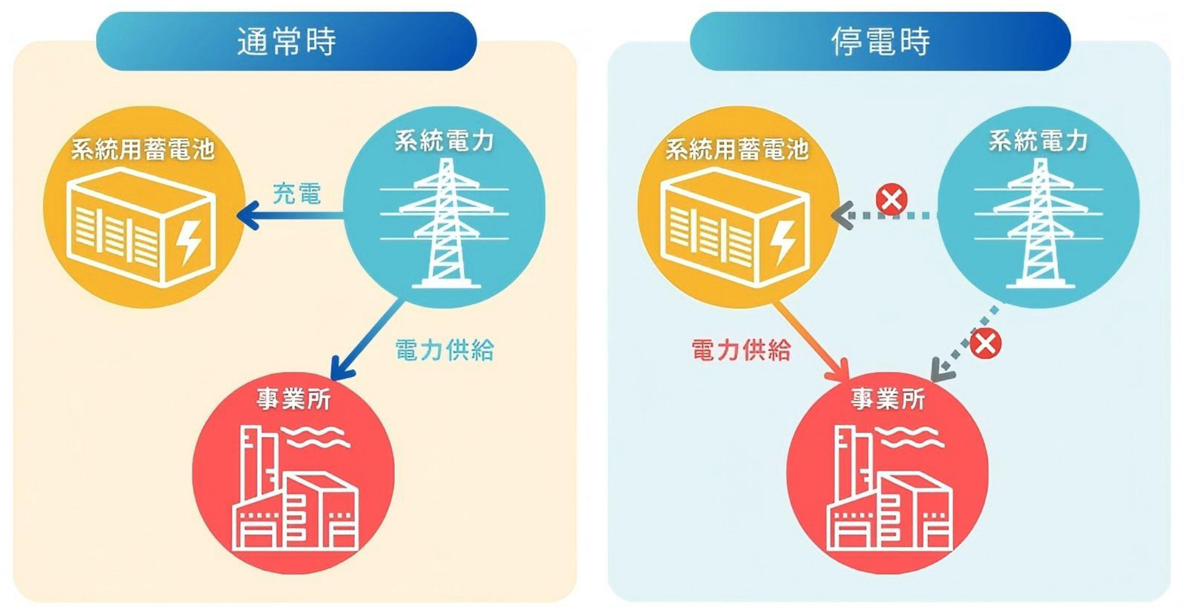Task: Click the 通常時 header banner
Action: pyautogui.click(x=286, y=41)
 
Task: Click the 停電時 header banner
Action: pyautogui.click(x=880, y=41)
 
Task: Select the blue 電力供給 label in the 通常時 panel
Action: pyautogui.click(x=444, y=350)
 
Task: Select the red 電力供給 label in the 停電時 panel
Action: pyautogui.click(x=741, y=350)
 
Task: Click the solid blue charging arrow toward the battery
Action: pyautogui.click(x=291, y=215)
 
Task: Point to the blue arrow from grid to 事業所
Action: pyautogui.click(x=366, y=339)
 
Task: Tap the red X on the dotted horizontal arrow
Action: pyautogui.click(x=892, y=199)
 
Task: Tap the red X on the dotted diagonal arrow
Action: pyautogui.click(x=986, y=344)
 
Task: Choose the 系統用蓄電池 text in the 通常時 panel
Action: pyautogui.click(x=143, y=149)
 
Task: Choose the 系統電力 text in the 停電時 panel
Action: pyautogui.click(x=1038, y=141)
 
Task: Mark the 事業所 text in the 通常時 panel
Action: pyautogui.click(x=294, y=399)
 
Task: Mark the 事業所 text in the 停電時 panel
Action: pyautogui.click(x=888, y=399)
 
